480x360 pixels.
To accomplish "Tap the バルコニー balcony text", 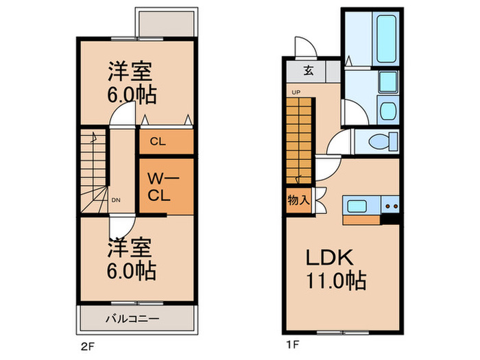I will point(132,319).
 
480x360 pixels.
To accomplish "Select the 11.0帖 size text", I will point(335,280).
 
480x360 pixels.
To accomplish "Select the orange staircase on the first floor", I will point(299,141).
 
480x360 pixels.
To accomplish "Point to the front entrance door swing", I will point(303,46).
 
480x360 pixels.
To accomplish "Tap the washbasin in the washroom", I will point(386,110).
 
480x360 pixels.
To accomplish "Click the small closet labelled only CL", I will point(167,142).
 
